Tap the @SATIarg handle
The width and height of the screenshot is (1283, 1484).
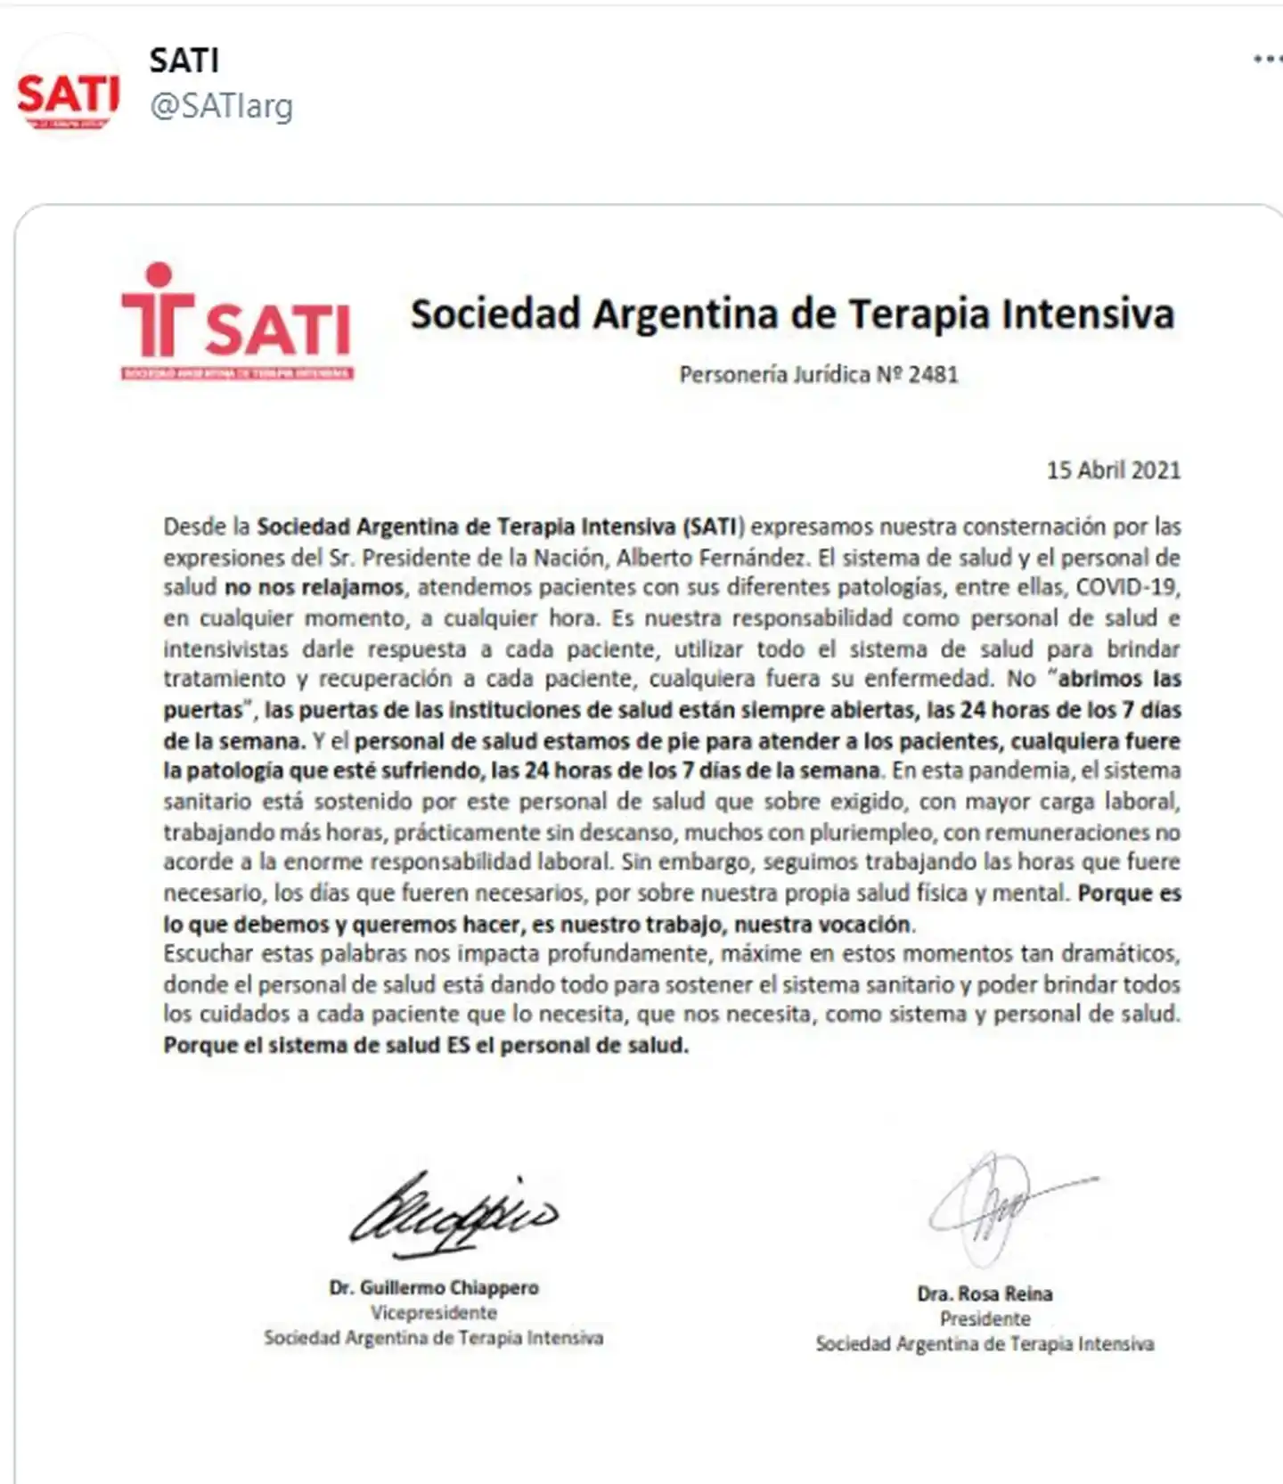[x=221, y=107]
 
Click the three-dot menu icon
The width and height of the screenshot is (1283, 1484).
[x=1266, y=60]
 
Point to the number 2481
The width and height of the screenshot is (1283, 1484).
[x=933, y=374]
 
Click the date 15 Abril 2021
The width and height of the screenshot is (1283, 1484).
[x=1113, y=470]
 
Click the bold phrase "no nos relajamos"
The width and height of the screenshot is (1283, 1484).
[x=315, y=588]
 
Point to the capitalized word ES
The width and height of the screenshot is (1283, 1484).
[x=457, y=1045]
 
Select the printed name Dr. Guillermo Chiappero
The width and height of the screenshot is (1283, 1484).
[x=434, y=1287]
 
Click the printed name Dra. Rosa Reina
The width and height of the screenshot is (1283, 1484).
[x=985, y=1293]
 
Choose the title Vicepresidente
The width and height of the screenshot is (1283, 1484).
[x=434, y=1312]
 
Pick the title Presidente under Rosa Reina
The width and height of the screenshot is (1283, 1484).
[x=985, y=1318]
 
